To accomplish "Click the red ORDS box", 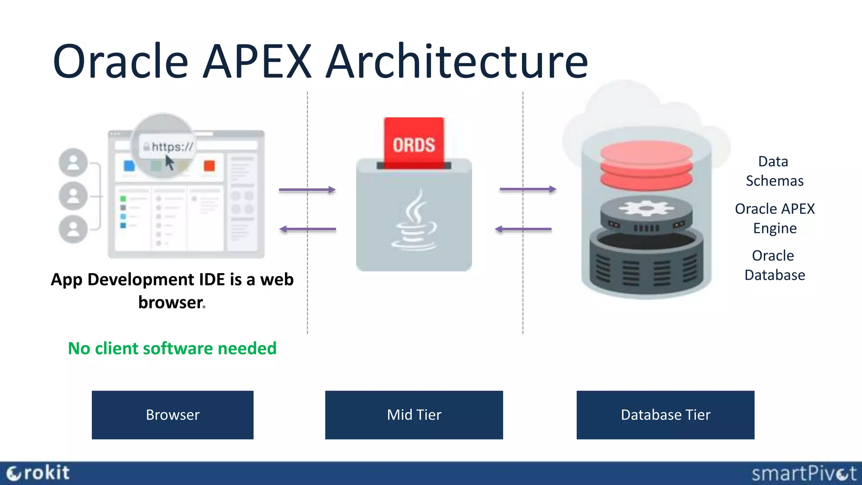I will pos(414,143).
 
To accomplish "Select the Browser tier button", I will pos(173,415).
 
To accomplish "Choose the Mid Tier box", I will pos(414,415).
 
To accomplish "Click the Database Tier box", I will pos(665,415).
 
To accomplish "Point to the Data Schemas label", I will pos(774,171).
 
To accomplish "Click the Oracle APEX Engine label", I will pos(774,218).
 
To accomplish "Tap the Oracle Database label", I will pos(774,265).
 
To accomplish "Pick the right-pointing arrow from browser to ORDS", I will pos(307,190).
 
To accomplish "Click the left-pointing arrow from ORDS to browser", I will pos(307,229).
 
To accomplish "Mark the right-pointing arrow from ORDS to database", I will pos(528,189).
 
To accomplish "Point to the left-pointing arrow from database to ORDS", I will pos(523,229).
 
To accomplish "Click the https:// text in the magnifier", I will pos(172,147).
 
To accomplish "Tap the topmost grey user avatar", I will pos(73,162).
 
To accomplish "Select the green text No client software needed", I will pos(172,348).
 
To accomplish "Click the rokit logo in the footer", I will pos(38,473).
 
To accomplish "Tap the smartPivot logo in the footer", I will pos(803,474).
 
